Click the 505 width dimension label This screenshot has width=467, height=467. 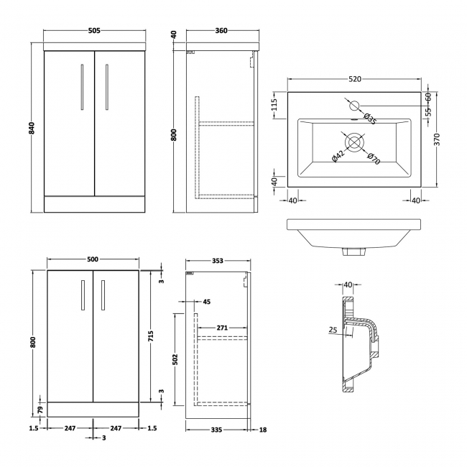point(94,30)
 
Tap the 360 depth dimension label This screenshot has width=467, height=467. point(221,30)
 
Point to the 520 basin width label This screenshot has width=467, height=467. point(355,79)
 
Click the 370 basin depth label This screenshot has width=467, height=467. point(437,139)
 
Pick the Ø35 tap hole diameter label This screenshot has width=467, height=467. point(370,119)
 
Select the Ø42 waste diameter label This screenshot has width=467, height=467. point(338,157)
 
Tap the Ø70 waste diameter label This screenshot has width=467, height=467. point(374,159)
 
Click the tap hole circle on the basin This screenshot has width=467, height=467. point(355,106)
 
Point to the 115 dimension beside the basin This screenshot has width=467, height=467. point(274,104)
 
